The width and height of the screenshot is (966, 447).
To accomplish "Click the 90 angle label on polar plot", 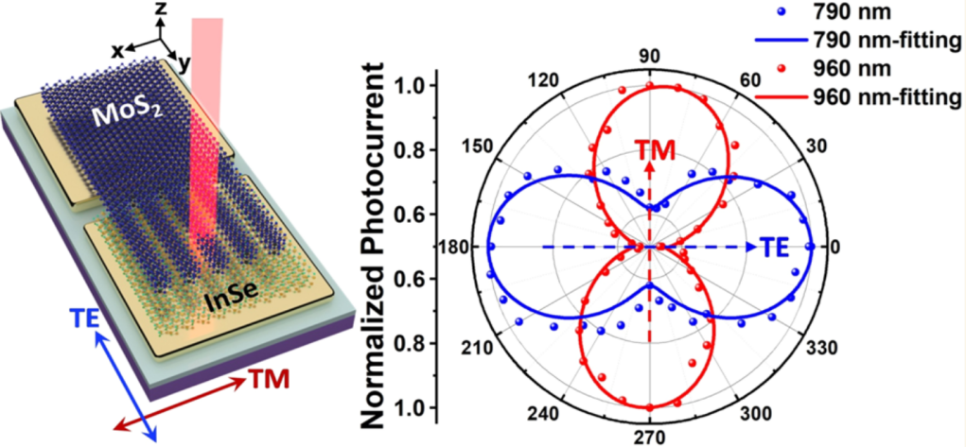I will coord(650,56).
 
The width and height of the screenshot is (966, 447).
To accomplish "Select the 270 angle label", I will coord(650,438).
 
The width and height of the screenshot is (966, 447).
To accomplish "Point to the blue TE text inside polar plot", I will coord(775,248).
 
